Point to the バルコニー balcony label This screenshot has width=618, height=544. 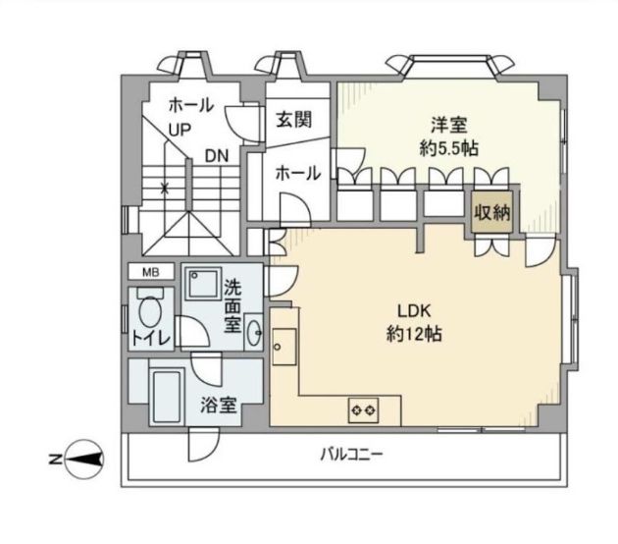click(349, 456)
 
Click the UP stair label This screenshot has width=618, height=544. click(180, 130)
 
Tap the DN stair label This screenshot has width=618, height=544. click(218, 155)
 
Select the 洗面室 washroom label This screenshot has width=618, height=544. click(232, 304)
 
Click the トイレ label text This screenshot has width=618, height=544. click(151, 339)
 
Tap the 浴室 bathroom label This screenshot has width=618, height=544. click(219, 405)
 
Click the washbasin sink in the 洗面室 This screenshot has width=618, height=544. click(254, 330)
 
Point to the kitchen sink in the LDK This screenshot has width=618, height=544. click(283, 347)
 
